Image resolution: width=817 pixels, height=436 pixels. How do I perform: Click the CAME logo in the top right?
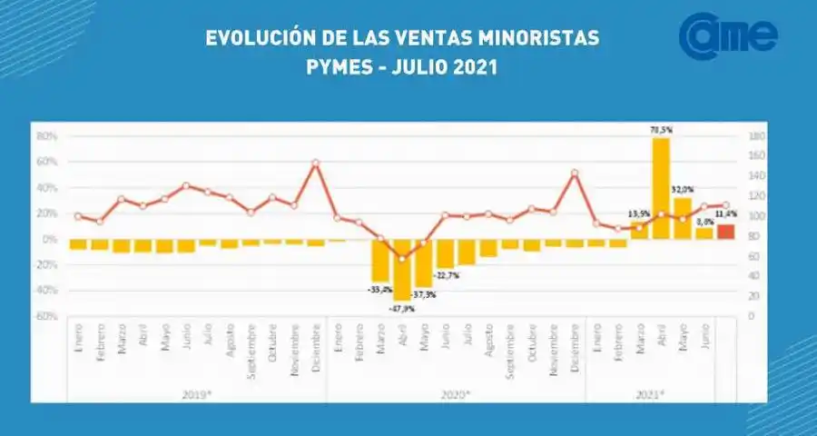(729, 35)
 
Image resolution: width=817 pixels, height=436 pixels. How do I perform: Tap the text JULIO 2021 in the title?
(446, 68)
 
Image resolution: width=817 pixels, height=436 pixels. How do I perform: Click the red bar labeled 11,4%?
(726, 232)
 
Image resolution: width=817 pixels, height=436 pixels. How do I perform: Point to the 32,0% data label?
(684, 189)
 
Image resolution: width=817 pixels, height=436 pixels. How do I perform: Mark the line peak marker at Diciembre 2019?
(316, 163)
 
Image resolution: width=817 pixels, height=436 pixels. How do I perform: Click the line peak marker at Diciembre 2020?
(575, 173)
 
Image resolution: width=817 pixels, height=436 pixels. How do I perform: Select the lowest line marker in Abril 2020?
(402, 259)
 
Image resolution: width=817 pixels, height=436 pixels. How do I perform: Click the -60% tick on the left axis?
(45, 316)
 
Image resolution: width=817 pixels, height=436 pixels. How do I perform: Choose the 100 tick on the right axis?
(757, 216)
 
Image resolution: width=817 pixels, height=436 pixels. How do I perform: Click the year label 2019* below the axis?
(198, 393)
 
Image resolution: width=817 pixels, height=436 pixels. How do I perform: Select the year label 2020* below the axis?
(457, 393)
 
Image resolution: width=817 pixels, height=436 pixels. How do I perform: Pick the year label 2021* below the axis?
(649, 393)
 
